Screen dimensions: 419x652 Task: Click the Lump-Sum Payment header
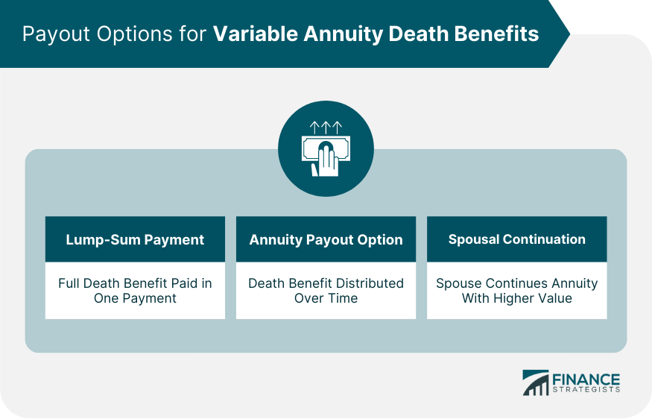[x=135, y=239]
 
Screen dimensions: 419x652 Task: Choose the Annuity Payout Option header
[x=326, y=239]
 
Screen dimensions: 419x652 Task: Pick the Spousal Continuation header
[x=516, y=239]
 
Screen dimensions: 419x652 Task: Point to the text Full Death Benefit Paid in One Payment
[x=135, y=291]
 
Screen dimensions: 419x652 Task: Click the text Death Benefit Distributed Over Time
[x=326, y=291]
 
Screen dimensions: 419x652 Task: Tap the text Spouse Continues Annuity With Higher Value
[x=516, y=291]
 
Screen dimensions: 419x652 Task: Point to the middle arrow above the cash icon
[x=326, y=127]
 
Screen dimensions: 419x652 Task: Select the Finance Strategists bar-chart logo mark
[x=535, y=382]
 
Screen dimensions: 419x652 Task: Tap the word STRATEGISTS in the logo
[x=586, y=389]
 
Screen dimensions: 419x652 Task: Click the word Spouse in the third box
[x=458, y=283]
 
